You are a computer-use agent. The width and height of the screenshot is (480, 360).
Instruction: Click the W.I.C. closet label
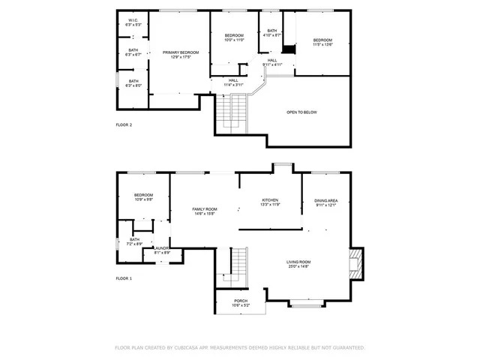133,22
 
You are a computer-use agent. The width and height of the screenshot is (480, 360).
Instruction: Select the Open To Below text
301,112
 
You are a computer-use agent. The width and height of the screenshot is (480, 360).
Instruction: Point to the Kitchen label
270,202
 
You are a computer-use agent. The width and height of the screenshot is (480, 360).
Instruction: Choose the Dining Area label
325,202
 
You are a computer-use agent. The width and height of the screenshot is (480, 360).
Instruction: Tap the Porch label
241,303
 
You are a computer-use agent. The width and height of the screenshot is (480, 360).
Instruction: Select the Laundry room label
162,250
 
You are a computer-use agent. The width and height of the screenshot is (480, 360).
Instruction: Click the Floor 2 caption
124,124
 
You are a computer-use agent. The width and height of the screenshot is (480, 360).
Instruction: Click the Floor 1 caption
124,278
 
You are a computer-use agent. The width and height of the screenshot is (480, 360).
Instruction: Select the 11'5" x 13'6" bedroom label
322,42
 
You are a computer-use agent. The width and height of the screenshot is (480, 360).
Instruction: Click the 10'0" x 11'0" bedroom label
234,37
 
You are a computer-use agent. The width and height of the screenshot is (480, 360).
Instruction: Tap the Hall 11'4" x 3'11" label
233,82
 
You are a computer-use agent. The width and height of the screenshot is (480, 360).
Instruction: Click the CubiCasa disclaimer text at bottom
239,348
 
